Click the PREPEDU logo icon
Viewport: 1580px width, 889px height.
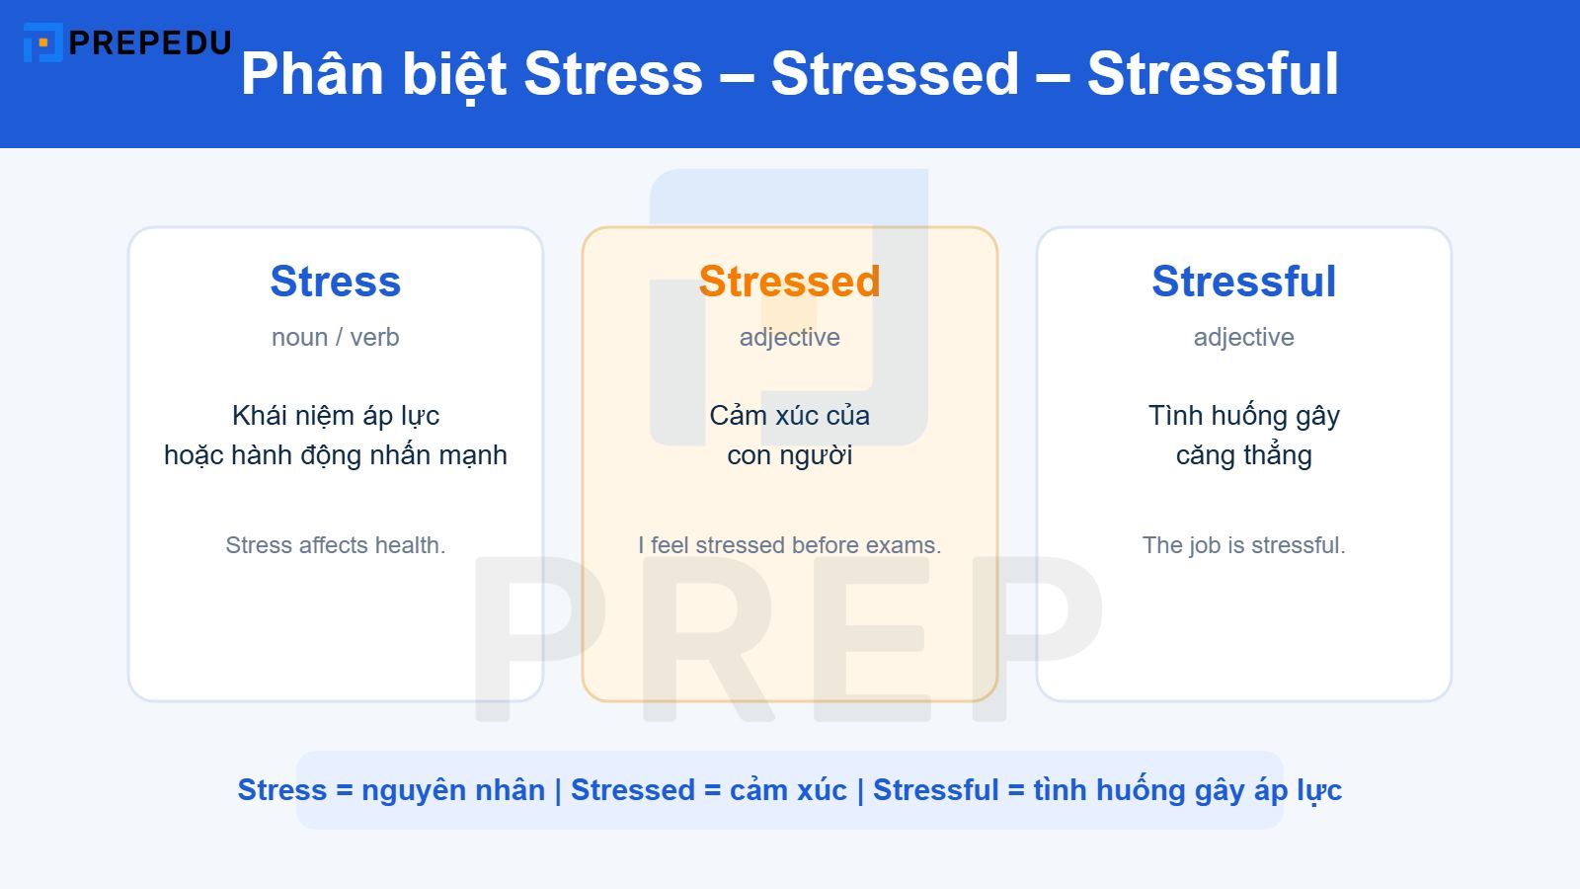coord(42,42)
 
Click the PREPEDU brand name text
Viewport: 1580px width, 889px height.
coord(150,42)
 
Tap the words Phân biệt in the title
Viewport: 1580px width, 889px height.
coord(373,74)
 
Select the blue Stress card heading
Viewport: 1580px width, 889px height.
coord(336,282)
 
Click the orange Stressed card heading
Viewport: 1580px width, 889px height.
coord(789,282)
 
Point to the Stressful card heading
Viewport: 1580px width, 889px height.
coord(1243,282)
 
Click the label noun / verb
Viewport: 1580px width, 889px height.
coord(336,337)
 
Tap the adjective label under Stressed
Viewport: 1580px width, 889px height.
coord(789,337)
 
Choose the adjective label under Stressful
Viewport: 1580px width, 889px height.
coord(1243,337)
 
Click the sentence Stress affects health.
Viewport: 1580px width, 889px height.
coord(336,545)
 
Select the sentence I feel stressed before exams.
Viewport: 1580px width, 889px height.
coord(789,545)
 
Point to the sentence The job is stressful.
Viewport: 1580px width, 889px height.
coord(1243,545)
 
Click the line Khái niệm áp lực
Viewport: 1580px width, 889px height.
coord(336,416)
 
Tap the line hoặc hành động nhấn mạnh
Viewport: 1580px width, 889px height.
coord(336,455)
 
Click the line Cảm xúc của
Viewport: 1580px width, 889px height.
coord(789,416)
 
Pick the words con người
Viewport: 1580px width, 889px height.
coord(789,455)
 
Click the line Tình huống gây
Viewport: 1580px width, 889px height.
coord(1243,416)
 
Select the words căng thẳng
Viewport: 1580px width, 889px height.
coord(1243,455)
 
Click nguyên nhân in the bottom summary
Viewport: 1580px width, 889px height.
coord(453,790)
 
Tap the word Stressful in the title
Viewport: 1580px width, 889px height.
coord(1213,74)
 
